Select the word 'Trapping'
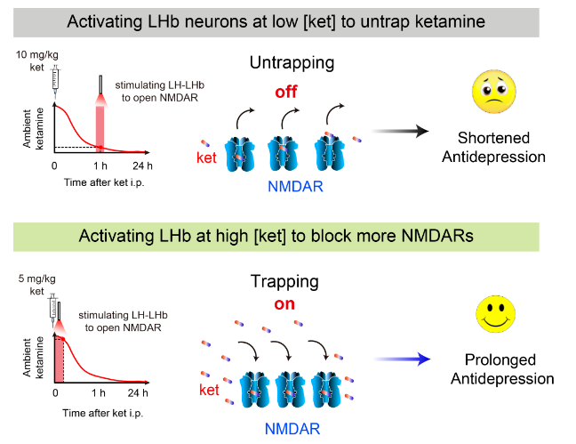(x=284, y=281)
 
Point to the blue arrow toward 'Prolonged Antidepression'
(x=400, y=358)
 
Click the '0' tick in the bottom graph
(x=55, y=392)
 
